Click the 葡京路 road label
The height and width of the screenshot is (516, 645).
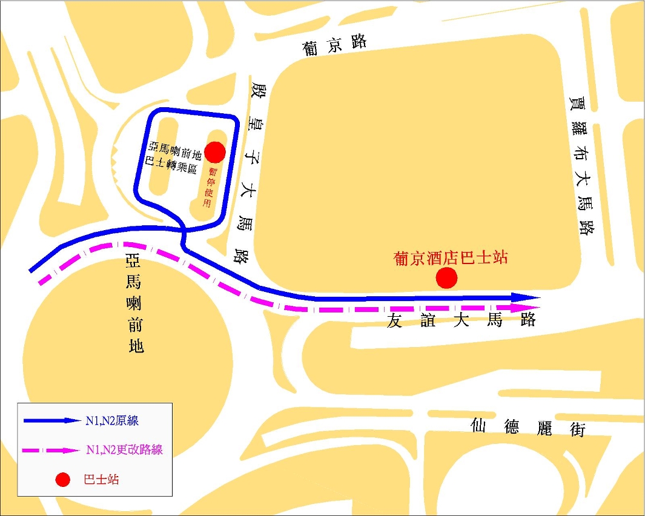[336, 45]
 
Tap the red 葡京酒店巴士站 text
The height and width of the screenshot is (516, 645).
[450, 258]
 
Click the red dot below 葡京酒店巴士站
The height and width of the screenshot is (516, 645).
[447, 278]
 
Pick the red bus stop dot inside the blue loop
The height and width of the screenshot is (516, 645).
[215, 151]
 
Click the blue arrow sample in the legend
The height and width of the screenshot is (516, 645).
[51, 420]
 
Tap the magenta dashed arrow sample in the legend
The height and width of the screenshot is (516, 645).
[51, 450]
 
